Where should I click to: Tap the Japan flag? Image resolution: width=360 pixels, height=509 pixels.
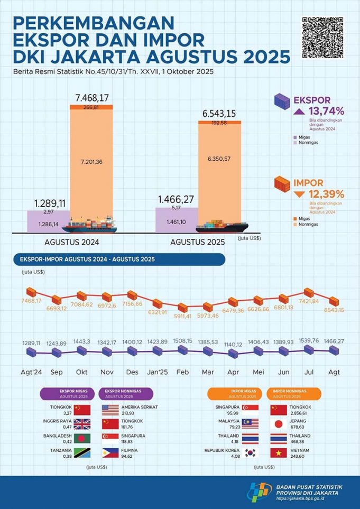279,423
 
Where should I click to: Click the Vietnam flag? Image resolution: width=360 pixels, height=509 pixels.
279,453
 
